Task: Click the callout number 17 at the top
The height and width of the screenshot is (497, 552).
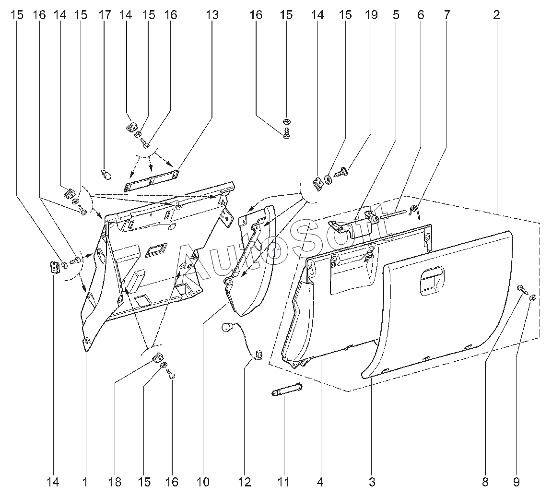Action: coord(105,15)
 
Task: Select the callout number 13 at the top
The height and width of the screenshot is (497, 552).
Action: coord(212,15)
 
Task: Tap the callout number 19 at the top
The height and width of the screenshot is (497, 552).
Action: coord(371,15)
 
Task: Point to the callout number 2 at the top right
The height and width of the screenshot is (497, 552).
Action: coord(496,15)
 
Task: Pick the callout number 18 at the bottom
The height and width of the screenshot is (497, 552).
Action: coord(115,482)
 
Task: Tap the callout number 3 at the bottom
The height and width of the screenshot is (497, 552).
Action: coord(372,482)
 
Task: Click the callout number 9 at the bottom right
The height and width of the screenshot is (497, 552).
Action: coord(517,482)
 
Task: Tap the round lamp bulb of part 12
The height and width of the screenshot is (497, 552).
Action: coord(227,329)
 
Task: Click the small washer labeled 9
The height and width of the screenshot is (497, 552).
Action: coord(533,298)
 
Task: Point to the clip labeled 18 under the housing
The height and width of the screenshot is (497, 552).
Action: coord(157,357)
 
